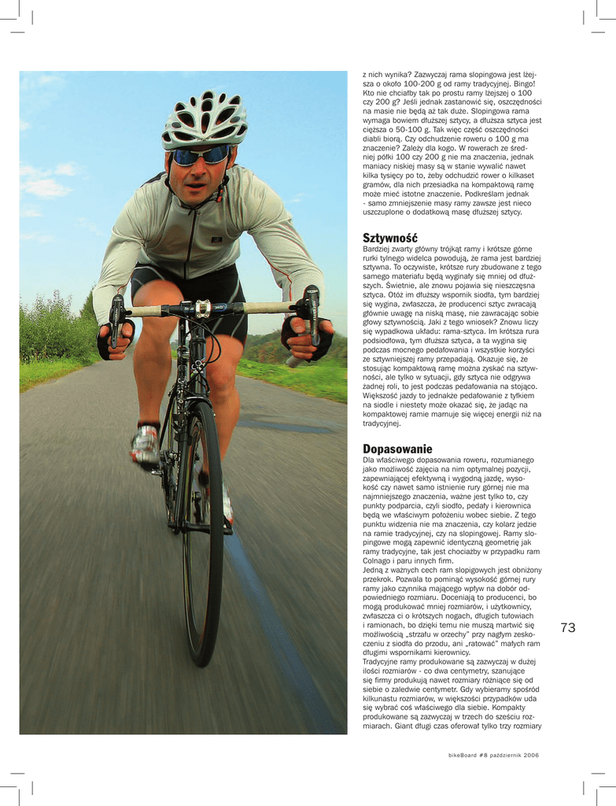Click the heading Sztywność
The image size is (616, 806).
point(390,238)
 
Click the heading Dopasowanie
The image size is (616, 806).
point(397,449)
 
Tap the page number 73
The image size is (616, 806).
point(569,627)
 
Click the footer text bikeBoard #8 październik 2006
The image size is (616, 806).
point(493,755)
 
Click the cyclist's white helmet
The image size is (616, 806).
point(205,118)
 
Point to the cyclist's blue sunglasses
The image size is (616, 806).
point(200,156)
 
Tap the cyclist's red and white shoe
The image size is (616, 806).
point(146,446)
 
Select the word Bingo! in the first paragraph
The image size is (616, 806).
point(522,83)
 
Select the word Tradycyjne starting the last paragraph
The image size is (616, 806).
point(382,661)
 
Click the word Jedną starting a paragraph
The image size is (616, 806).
point(374,570)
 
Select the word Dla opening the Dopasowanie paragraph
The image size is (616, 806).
point(369,460)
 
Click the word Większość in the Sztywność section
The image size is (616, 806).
point(382,396)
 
